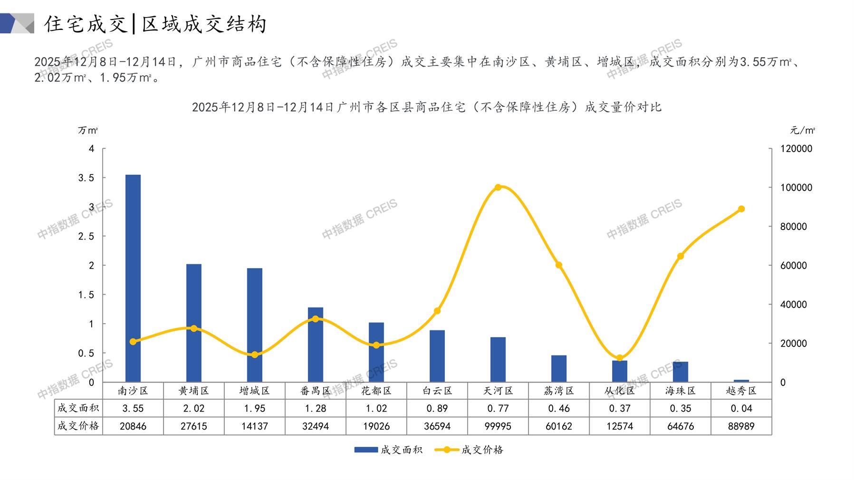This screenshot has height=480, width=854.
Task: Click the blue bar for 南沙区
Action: [133, 278]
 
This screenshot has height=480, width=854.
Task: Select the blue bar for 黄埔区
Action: [194, 323]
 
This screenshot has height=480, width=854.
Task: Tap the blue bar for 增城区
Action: [255, 325]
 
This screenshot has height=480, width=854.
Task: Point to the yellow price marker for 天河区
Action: [498, 187]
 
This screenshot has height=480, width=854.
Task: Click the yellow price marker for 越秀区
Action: [741, 209]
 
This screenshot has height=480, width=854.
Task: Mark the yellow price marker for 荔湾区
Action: [559, 265]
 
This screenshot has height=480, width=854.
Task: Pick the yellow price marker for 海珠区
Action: [681, 256]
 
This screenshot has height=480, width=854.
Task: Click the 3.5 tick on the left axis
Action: [86, 178]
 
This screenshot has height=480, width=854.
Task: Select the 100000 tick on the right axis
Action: [796, 188]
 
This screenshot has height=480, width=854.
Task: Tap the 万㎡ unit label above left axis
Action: [88, 130]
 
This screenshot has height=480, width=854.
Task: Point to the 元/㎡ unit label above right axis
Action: [803, 130]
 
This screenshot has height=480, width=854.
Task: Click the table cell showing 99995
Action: [498, 426]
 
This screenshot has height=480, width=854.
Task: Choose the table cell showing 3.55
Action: [133, 408]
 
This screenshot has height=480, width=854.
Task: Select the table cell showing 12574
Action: [620, 426]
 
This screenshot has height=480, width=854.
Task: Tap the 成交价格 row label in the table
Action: [78, 426]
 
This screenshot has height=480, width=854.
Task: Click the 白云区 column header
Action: [437, 391]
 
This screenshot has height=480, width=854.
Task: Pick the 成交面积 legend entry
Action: [388, 450]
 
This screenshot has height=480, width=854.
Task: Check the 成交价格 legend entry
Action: [469, 450]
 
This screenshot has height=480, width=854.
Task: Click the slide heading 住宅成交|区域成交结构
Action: [156, 24]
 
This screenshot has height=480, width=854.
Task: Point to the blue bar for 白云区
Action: [437, 356]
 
